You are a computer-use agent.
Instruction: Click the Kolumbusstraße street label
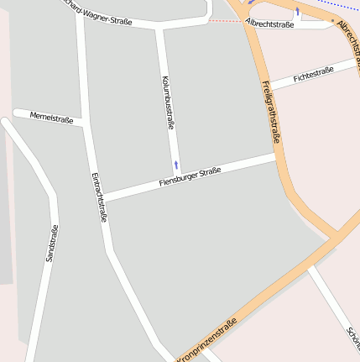pos(168,102)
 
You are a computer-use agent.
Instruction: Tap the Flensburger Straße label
pos(190,177)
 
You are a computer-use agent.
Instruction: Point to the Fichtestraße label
pos(314,74)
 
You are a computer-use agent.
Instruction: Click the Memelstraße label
pos(51,118)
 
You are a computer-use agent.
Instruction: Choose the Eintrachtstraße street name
pos(98,197)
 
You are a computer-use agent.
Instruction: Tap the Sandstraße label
pos(51,244)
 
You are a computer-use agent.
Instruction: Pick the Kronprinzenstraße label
pos(206,339)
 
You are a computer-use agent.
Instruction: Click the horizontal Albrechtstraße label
pos(270,25)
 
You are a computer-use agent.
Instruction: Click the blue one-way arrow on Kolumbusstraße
pos(176,165)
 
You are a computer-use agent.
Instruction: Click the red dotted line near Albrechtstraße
pos(222,20)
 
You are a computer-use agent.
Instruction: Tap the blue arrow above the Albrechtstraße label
pos(297,12)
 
